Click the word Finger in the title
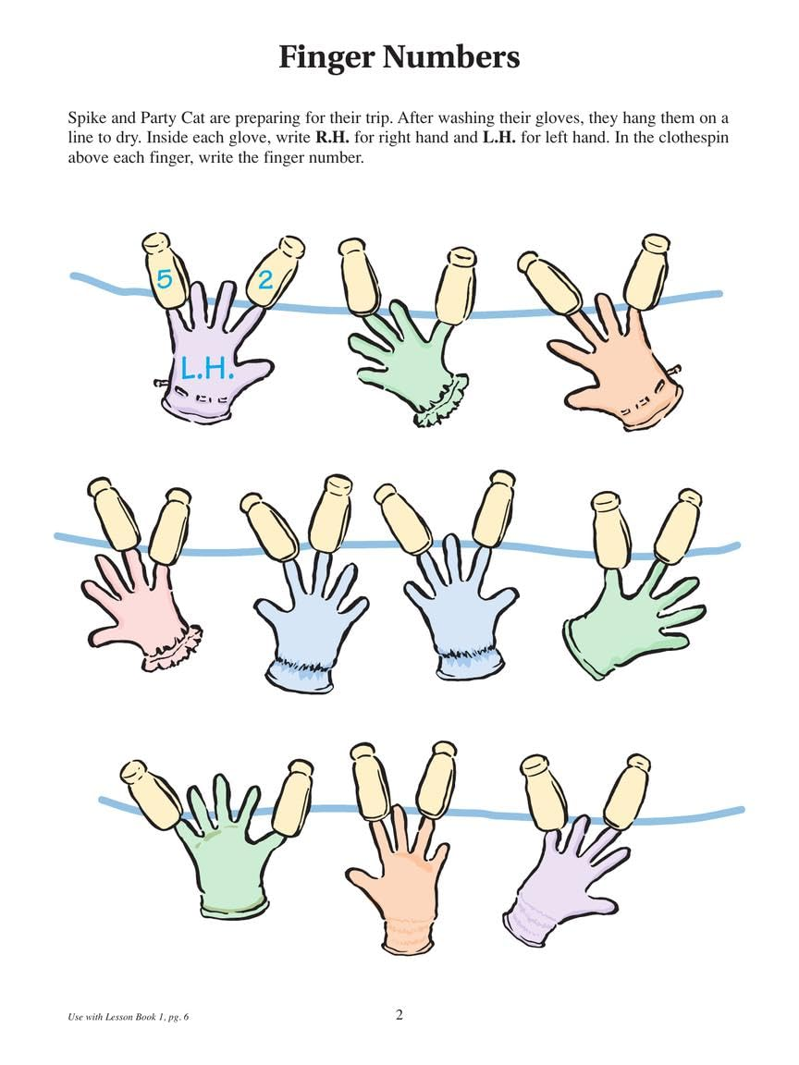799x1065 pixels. [x=326, y=57]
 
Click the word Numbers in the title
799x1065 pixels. [x=453, y=57]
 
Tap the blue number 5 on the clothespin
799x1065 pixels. [x=164, y=278]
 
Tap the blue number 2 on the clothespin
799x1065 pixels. [x=265, y=279]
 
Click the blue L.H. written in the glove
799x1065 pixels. [x=206, y=369]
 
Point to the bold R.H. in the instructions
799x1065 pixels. [x=332, y=139]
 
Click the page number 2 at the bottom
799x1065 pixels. [x=399, y=1015]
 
